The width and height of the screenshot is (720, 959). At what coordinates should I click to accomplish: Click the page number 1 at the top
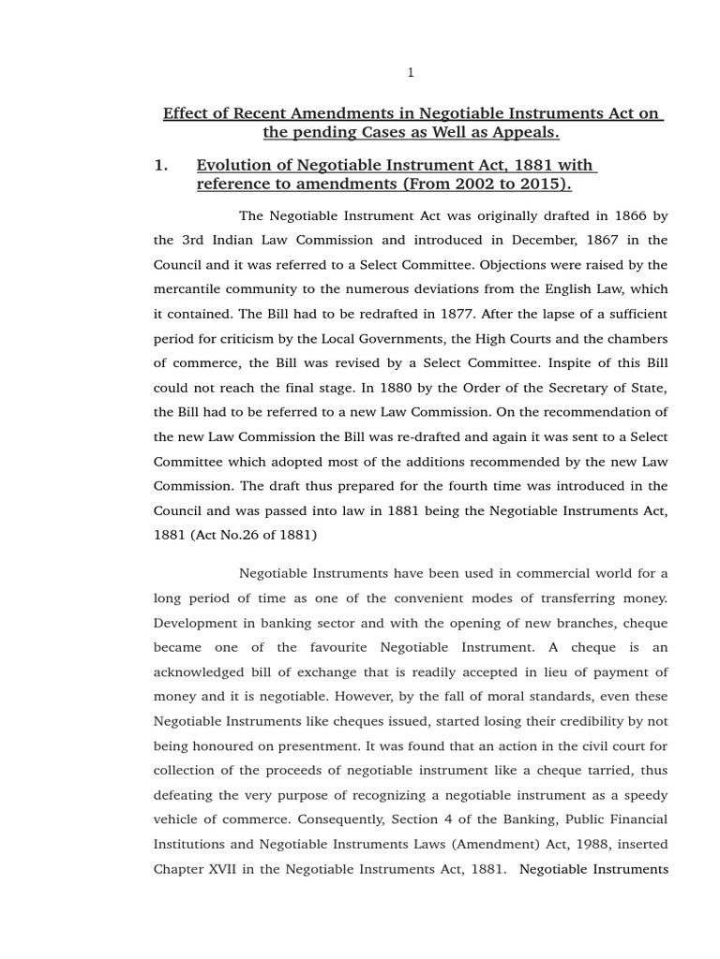(x=411, y=72)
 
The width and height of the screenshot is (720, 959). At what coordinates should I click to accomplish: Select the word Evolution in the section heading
(x=233, y=166)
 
